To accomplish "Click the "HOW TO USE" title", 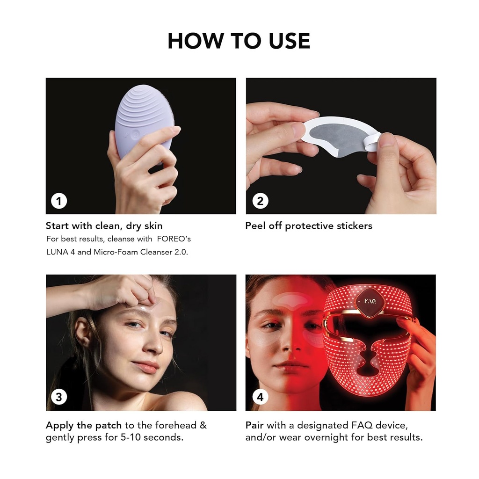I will (x=239, y=41).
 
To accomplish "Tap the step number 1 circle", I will (x=59, y=201).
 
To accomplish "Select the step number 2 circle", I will (x=260, y=201).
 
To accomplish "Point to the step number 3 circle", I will (x=59, y=398).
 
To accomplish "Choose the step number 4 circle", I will (x=260, y=398).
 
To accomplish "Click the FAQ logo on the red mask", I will (x=370, y=302).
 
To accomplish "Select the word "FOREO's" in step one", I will (x=174, y=239).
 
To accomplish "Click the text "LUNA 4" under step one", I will (x=61, y=252).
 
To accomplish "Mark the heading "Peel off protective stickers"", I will (x=309, y=226).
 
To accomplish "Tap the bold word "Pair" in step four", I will (x=255, y=426).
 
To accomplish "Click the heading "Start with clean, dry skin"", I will (x=104, y=226).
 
